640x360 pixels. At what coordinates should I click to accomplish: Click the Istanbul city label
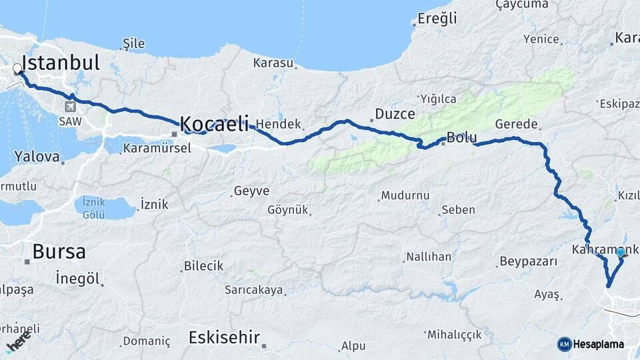coord(61,63)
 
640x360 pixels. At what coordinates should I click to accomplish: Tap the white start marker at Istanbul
coord(17,68)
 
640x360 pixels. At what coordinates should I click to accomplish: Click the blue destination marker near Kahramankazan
coord(621,252)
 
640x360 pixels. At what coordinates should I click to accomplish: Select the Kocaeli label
coord(214,123)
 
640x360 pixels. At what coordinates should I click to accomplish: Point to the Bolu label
coord(461,138)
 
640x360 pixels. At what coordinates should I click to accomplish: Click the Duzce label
coord(395,114)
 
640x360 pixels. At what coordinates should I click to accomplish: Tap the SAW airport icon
coord(71,107)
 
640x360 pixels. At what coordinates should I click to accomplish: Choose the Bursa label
coord(59,252)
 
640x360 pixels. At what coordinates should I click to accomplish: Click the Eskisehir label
coord(224,337)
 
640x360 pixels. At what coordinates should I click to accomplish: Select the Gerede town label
coord(516,125)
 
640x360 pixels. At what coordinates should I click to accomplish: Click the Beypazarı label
coord(528,261)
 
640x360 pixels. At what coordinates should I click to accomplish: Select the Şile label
coord(133,44)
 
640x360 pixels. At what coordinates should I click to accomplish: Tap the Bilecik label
coord(203,266)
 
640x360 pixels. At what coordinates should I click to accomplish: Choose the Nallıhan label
coord(429,257)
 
